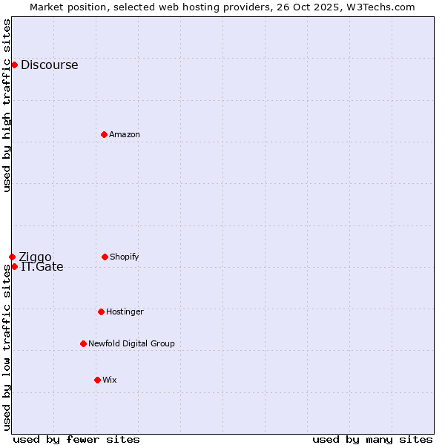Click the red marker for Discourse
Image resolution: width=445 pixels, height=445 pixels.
point(14,65)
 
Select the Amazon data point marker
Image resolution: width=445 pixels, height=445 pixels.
point(104,134)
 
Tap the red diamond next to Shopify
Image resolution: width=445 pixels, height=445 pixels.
point(105,257)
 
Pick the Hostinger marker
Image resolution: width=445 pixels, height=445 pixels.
point(101,311)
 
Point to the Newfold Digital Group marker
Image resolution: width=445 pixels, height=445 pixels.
point(83,343)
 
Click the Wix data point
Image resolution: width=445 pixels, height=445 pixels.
point(97,380)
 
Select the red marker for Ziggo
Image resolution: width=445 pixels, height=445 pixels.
point(12,257)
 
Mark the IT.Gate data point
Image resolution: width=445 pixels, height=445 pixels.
point(14,266)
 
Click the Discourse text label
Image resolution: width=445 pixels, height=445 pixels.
point(49,65)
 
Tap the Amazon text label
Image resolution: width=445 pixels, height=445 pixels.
point(125,134)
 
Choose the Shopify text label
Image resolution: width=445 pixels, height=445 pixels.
point(125,257)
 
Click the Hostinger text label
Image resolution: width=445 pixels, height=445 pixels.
point(125,311)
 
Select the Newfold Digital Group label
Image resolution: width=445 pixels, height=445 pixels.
point(131,343)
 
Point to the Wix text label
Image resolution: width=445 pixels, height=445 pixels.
point(110,380)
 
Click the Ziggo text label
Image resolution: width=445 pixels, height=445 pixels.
point(35,257)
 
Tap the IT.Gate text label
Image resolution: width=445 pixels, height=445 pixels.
point(42,267)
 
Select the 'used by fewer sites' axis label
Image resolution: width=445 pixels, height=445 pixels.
point(76,439)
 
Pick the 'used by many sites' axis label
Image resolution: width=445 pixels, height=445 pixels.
point(372,439)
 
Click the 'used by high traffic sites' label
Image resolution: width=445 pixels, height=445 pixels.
point(7,105)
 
